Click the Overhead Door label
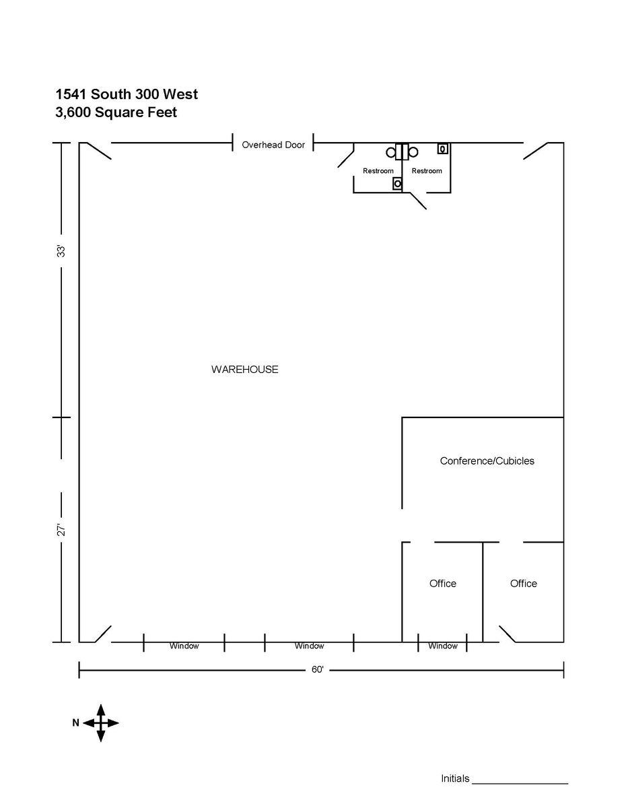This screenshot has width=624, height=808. click(x=273, y=145)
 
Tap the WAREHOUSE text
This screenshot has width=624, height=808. click(x=244, y=370)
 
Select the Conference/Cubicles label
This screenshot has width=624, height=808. click(x=487, y=461)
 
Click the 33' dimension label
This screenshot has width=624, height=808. click(x=61, y=251)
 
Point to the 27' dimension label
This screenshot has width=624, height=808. click(x=61, y=530)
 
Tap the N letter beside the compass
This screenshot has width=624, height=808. click(x=75, y=723)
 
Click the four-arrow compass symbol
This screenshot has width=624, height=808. click(x=100, y=723)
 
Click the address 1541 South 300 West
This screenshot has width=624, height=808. click(x=127, y=94)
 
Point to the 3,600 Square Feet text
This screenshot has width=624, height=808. click(x=116, y=112)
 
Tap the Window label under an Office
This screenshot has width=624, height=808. click(x=442, y=646)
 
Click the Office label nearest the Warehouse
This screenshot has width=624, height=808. click(x=442, y=584)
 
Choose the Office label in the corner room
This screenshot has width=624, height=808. click(x=523, y=584)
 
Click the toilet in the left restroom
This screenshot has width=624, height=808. click(x=391, y=152)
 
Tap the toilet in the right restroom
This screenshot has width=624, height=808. click(x=414, y=152)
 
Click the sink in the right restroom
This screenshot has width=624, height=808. click(x=443, y=149)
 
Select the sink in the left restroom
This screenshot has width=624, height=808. click(x=398, y=183)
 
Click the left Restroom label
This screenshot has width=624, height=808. click(x=378, y=171)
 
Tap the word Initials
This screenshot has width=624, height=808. click(x=455, y=779)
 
